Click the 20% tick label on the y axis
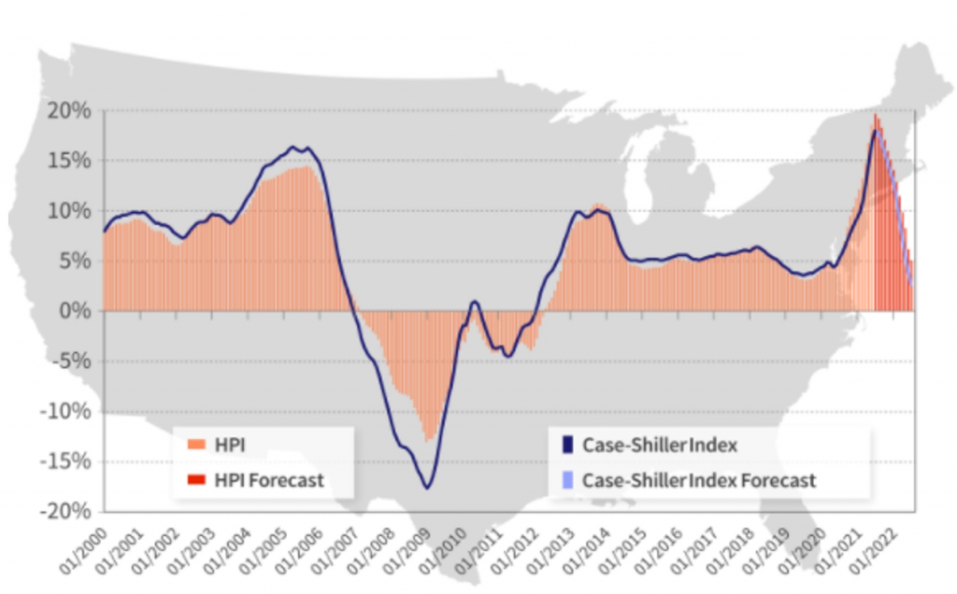tap(70, 110)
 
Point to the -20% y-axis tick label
tap(66, 511)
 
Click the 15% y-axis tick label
tap(70, 161)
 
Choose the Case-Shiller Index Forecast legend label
tap(698, 480)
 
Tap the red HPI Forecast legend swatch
tap(194, 480)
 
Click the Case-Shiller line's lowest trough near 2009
tap(427, 488)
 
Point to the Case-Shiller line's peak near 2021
tap(875, 131)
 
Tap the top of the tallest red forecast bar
tap(875, 115)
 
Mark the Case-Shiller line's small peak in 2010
tap(475, 302)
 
